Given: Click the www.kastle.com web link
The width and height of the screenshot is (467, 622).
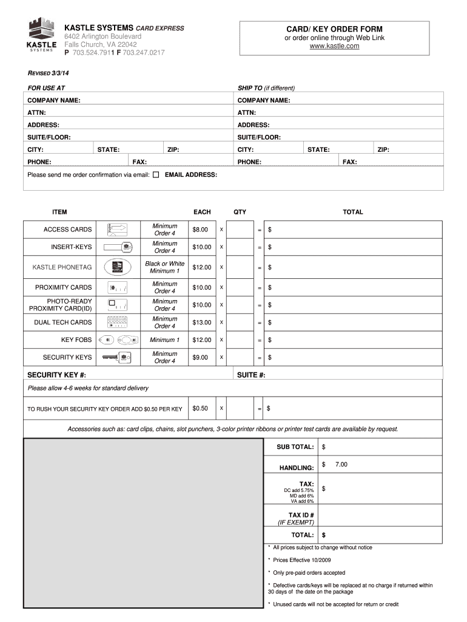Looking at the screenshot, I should pos(334,46).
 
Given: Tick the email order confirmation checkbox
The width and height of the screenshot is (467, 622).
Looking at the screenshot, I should pos(156,175).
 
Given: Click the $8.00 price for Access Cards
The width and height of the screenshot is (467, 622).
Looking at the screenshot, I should pos(200,230).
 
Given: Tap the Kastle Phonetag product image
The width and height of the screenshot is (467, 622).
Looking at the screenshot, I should pos(118,267).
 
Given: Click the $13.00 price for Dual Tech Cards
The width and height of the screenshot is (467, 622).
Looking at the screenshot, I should pos(201,323).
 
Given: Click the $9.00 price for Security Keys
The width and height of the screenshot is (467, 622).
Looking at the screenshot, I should pos(200,358).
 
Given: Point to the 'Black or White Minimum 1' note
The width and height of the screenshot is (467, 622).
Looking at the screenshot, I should pos(164,267).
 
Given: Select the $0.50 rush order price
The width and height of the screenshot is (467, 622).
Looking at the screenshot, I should pos(200,409).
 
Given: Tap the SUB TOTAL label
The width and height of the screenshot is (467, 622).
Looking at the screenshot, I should pos(295,447).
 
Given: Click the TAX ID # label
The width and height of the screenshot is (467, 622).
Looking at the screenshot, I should pos(301,515).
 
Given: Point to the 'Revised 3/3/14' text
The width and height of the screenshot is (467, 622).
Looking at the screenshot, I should pos(49,73).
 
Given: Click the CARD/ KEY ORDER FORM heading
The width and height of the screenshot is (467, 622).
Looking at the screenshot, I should pos(334,29).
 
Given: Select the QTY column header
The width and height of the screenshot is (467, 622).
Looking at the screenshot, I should pos(240,212).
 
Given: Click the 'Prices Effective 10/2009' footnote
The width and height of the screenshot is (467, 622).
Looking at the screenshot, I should pos(301,560).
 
